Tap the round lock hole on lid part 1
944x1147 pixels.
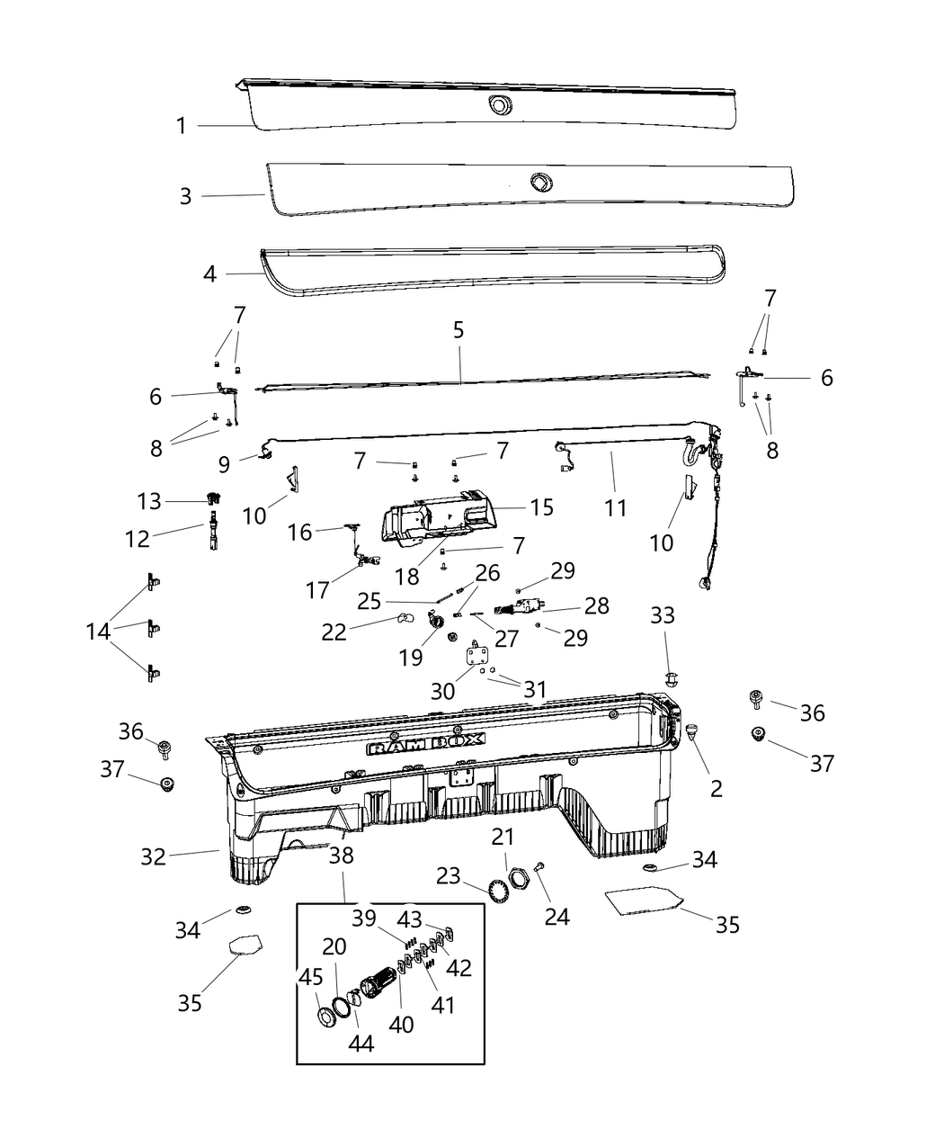(496, 105)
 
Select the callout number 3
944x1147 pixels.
(185, 196)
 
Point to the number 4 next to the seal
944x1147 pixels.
(209, 273)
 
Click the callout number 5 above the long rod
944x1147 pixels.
(459, 330)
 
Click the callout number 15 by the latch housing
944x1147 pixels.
(542, 507)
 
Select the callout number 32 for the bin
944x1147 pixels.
(154, 856)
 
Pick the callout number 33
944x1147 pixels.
(663, 615)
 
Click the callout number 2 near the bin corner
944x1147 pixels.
(716, 788)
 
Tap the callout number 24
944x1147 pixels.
(557, 916)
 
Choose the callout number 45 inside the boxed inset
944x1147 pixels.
(311, 977)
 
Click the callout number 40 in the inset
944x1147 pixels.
(401, 1024)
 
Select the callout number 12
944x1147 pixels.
(137, 538)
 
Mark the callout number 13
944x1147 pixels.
(148, 501)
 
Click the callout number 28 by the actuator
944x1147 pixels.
(597, 605)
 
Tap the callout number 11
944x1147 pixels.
(615, 508)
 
